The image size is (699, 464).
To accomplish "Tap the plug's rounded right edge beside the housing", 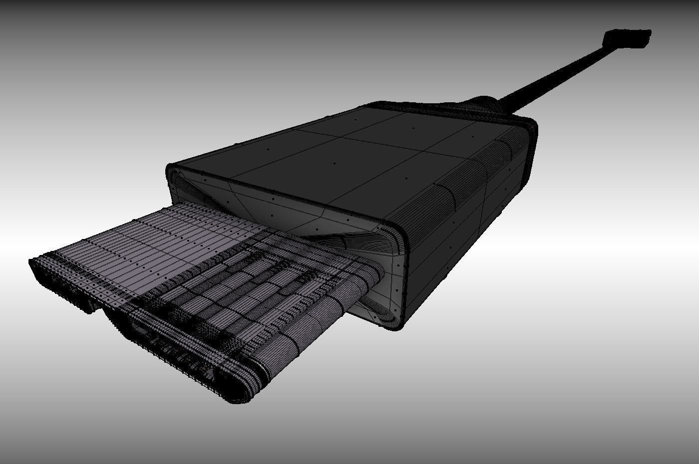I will point(369,279).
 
